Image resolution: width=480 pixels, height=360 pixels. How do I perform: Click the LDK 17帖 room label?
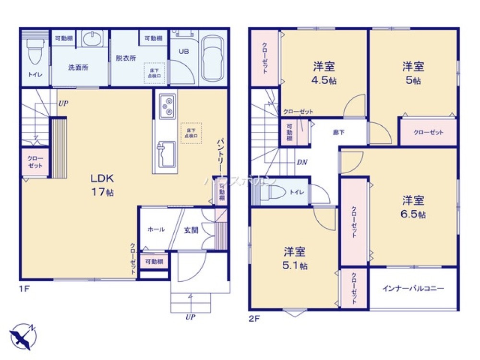pos(102,185)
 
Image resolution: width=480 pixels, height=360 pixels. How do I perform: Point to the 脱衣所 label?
pos(126,58)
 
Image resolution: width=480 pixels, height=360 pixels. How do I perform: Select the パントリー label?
pos(221,153)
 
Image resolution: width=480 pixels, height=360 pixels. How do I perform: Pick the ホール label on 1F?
pos(156,230)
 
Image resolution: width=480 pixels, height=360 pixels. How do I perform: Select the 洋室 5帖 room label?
pos(413,73)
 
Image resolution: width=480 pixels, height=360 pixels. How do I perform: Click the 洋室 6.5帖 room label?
pos(413,206)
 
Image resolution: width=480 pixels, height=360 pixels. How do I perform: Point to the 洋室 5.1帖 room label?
pos(295,258)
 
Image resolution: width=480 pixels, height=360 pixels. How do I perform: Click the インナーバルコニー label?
pos(413,289)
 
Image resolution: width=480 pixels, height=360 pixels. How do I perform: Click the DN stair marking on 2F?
pos(302,162)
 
